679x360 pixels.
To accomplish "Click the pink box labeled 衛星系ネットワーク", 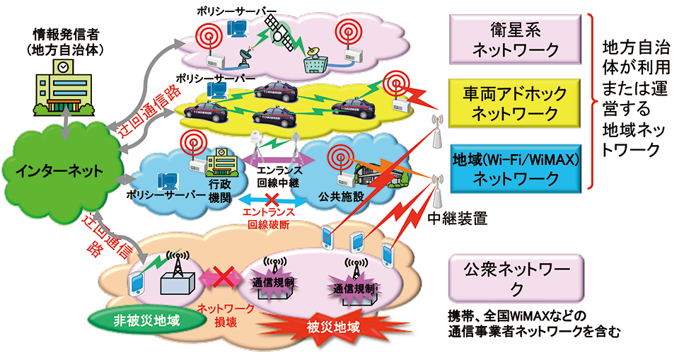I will [x=515, y=40].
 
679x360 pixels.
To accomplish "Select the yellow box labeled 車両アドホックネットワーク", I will [x=515, y=104].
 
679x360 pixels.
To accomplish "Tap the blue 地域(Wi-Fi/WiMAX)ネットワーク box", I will [x=515, y=168].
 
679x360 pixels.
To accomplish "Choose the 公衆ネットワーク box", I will [x=515, y=278].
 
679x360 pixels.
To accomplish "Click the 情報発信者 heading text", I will [x=64, y=34].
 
